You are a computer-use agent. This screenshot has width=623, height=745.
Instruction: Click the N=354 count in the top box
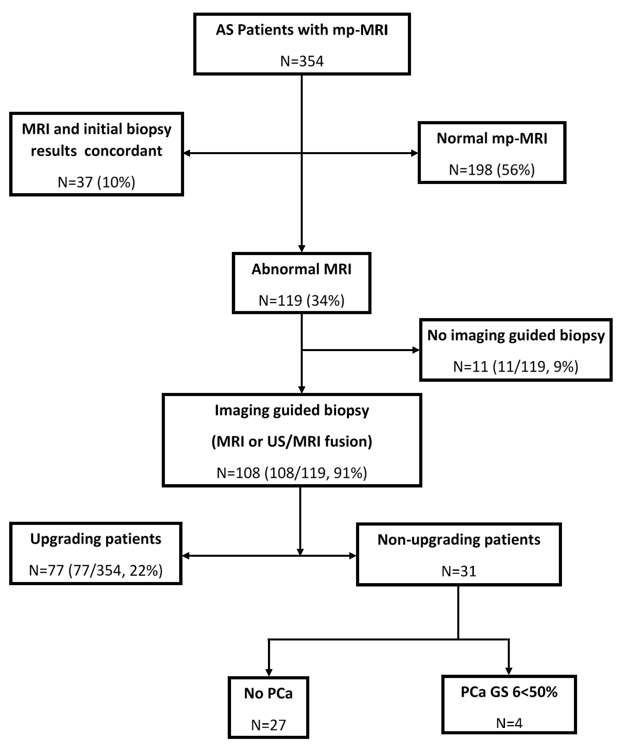tap(302, 61)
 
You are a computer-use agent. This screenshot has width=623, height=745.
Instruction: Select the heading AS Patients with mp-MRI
tap(302, 30)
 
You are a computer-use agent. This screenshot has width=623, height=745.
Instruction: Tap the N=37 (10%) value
tap(96, 182)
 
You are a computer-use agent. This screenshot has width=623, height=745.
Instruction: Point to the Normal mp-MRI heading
tap(492, 138)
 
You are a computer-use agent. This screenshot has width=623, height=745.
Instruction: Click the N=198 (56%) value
tap(492, 170)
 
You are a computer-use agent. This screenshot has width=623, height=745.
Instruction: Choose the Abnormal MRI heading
tap(301, 269)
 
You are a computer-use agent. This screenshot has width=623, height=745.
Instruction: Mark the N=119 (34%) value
tap(301, 301)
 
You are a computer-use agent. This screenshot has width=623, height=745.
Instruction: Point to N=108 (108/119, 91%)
tap(292, 473)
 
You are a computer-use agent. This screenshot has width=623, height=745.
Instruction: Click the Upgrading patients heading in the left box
tap(96, 539)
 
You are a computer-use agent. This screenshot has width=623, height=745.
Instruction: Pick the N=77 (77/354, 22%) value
tap(96, 571)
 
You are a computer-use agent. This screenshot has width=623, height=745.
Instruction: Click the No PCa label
tap(268, 694)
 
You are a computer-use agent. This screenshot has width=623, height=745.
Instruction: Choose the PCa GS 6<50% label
tap(509, 692)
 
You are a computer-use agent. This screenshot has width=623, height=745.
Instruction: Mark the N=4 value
tap(509, 723)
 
